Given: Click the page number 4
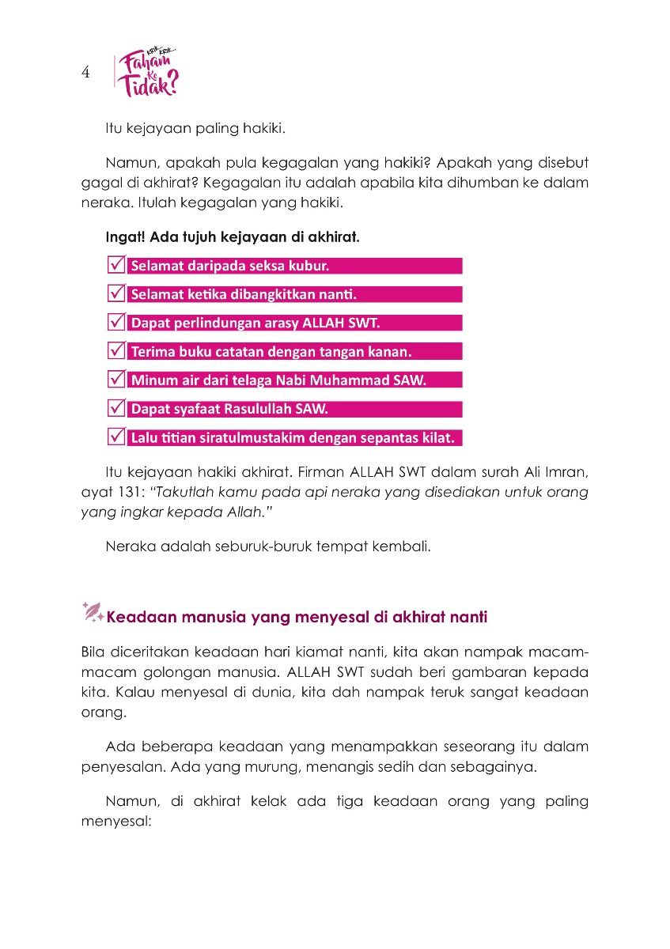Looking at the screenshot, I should click(x=85, y=73).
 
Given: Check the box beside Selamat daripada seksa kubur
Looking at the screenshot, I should click(x=115, y=266).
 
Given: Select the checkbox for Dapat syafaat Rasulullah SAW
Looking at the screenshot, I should click(x=115, y=409).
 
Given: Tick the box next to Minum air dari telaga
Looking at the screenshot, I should click(x=115, y=380).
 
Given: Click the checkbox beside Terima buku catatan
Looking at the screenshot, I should click(x=115, y=351).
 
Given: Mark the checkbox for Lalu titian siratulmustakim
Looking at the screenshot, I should click(x=115, y=437).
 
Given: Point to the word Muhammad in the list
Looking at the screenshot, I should click(x=352, y=380).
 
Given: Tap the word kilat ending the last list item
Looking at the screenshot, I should click(x=442, y=438).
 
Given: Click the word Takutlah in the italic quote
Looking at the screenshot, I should click(x=182, y=492).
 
